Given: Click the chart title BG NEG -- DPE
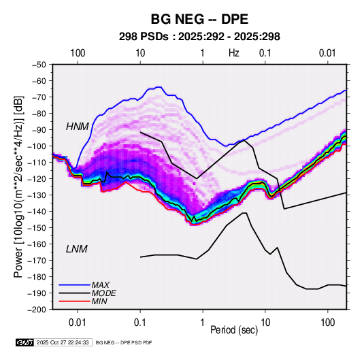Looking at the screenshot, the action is (199, 19).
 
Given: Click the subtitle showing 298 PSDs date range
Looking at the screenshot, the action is (199, 37).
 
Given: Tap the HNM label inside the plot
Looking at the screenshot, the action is (78, 127).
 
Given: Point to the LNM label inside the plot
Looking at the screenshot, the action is (77, 249).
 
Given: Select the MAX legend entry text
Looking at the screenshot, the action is (101, 284).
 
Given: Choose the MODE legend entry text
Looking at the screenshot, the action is (104, 293).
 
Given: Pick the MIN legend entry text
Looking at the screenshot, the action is (99, 301).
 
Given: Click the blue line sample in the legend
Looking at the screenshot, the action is (75, 284).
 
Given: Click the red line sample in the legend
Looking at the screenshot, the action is (75, 301).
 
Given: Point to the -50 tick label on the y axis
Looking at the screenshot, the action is (39, 65).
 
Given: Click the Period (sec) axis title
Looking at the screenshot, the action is (234, 330).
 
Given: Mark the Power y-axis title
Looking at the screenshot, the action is (18, 187).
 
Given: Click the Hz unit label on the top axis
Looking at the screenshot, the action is (234, 53).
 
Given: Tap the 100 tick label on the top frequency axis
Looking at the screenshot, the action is (78, 53).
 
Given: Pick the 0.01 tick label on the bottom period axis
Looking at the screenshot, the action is (78, 323).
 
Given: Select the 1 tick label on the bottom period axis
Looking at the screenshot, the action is (203, 323).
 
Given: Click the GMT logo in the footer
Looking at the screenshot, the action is (25, 342).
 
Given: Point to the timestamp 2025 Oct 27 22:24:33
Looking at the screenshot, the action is (63, 342).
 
